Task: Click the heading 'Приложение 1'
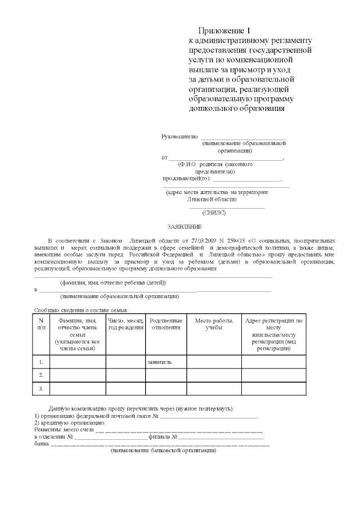point(223,30)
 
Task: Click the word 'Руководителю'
point(179,137)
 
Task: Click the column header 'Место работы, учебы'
point(214,324)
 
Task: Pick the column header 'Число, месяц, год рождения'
point(125,324)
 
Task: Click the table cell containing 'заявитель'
point(159,362)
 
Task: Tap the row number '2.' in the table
point(41,375)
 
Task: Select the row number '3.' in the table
point(41,389)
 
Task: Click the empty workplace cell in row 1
point(214,362)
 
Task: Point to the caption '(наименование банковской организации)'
point(163,451)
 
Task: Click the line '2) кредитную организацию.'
point(70,422)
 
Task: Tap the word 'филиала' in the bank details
point(157,436)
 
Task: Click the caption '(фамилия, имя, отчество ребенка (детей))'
point(112,282)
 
